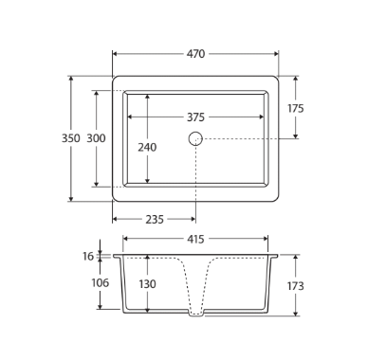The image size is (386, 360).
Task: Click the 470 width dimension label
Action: pyautogui.click(x=195, y=54)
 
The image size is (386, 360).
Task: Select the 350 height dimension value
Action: pyautogui.click(x=71, y=138)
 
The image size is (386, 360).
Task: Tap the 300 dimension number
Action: pyautogui.click(x=96, y=138)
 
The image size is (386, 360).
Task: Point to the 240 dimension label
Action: pyautogui.click(x=147, y=147)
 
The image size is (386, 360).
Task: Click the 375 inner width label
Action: pyautogui.click(x=195, y=117)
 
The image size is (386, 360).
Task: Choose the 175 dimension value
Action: pyautogui.click(x=296, y=108)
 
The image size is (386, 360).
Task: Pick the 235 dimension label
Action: pyautogui.click(x=155, y=219)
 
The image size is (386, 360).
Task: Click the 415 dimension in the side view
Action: pyautogui.click(x=195, y=239)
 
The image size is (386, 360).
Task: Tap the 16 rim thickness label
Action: pyautogui.click(x=88, y=256)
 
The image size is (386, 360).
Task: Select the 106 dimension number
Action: pyautogui.click(x=101, y=282)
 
